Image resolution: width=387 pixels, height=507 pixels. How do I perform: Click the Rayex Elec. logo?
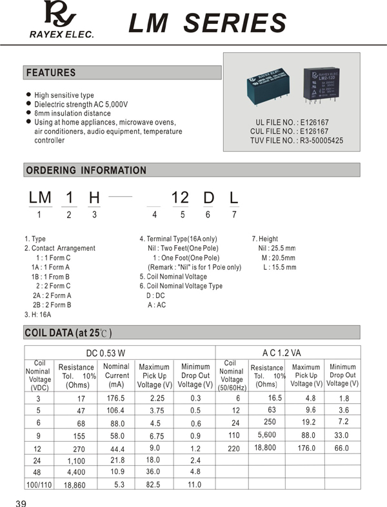pyautogui.click(x=61, y=19)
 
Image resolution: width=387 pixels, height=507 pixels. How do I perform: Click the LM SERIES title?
pyautogui.click(x=207, y=23)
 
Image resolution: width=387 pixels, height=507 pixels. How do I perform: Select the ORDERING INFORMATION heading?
pyautogui.click(x=85, y=170)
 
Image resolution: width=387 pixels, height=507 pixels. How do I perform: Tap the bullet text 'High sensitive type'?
pyautogui.click(x=64, y=95)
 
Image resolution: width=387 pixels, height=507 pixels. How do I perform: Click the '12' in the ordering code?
pyautogui.click(x=179, y=197)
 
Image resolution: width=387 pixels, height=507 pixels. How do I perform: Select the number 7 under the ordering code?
pyautogui.click(x=234, y=215)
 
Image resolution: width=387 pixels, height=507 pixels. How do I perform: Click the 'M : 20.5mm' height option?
pyautogui.click(x=279, y=258)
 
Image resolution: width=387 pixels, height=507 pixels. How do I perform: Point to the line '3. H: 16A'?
pyautogui.click(x=37, y=314)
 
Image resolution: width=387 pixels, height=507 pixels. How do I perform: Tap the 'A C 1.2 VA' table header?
pyautogui.click(x=282, y=352)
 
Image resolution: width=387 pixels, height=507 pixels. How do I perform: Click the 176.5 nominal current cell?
pyautogui.click(x=115, y=398)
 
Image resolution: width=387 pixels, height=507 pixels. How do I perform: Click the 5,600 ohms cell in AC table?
pyautogui.click(x=266, y=435)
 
